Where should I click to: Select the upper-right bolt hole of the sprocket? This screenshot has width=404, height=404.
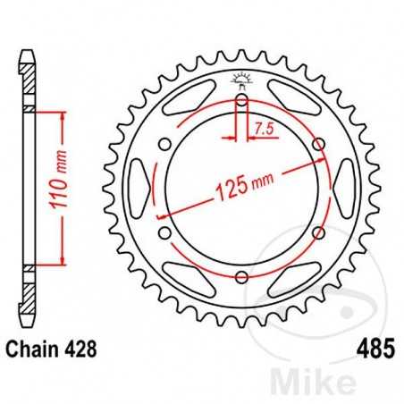[x=318, y=145]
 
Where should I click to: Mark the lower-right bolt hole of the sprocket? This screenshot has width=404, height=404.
[x=318, y=233]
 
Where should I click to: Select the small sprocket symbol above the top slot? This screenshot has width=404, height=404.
[x=241, y=78]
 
